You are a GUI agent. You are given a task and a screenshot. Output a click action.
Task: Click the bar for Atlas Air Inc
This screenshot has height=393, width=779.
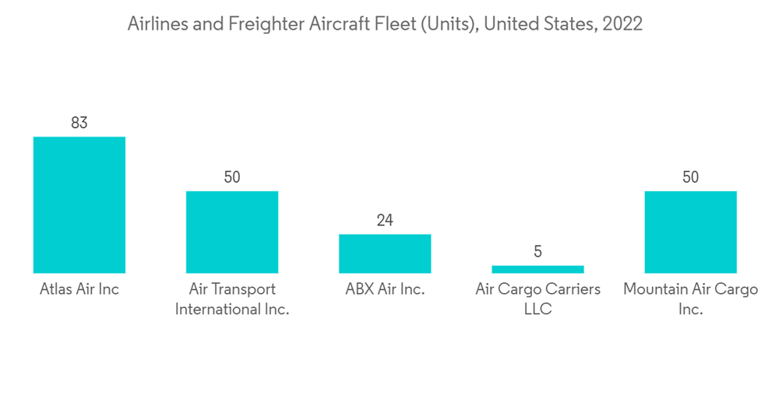point(79,204)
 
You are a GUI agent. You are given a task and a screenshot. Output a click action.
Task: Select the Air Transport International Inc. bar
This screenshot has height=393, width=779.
point(231,232)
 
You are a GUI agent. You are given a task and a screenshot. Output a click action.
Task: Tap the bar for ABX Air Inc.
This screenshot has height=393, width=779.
point(385,253)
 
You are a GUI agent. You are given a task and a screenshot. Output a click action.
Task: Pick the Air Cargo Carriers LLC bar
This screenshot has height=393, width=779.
point(538,269)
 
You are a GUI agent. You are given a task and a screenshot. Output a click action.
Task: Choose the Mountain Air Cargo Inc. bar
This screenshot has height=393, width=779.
point(690,232)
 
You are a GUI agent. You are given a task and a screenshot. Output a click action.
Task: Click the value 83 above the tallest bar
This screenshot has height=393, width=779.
point(79,122)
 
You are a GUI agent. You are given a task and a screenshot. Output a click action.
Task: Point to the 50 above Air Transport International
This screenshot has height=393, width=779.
point(231,177)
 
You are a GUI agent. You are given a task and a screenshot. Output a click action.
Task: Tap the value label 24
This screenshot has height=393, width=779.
point(385,220)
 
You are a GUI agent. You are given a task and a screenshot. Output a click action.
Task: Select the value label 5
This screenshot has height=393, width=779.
point(538,252)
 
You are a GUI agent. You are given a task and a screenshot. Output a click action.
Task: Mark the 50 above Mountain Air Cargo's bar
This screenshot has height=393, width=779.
point(690,177)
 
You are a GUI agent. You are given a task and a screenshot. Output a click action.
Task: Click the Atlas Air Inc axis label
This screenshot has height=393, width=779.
point(79,290)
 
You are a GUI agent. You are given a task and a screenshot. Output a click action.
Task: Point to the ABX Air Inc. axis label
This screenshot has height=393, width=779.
point(385,290)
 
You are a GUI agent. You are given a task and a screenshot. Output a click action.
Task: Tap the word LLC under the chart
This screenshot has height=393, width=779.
point(538,310)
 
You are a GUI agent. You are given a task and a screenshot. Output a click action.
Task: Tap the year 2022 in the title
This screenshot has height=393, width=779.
point(624,24)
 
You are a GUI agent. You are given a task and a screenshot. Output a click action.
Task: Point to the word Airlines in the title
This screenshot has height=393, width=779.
point(155,24)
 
